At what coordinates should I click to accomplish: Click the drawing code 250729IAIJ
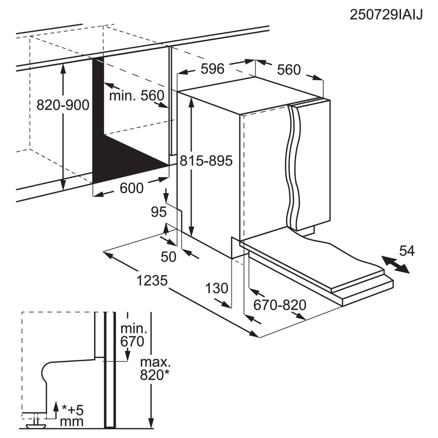coord(386,15)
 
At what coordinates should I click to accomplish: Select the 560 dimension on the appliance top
coord(288,70)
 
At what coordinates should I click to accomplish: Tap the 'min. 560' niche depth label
coord(137,95)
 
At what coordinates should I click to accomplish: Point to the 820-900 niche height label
coord(63,105)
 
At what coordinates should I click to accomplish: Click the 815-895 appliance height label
coord(206,161)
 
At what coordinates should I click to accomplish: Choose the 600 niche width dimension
coord(131,188)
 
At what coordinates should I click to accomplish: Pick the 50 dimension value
coord(168,257)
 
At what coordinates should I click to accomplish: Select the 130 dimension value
coord(216,288)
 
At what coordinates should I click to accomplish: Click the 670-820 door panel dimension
coord(279,305)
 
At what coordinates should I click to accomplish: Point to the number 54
coord(407,251)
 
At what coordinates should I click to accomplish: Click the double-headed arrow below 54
coord(396,265)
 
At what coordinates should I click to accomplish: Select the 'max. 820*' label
coord(155,369)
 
